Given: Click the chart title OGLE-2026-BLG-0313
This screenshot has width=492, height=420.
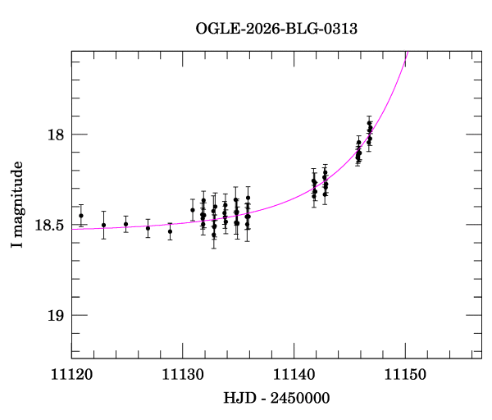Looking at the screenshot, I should click(x=276, y=28).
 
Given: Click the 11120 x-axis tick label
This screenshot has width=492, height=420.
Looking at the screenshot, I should click(x=71, y=375).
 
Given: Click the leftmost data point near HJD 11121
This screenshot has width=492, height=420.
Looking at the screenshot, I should click(x=81, y=216).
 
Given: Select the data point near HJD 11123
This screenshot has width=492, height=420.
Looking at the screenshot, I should click(x=103, y=225).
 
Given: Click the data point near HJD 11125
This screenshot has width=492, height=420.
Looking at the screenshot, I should click(x=125, y=224).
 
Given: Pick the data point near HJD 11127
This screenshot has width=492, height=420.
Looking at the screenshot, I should click(x=148, y=228).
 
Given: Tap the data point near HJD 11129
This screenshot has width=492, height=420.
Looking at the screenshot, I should click(x=170, y=231).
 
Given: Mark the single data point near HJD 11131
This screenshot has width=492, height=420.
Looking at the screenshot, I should click(x=193, y=210).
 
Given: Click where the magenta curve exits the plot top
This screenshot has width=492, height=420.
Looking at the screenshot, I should click(x=406, y=52).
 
